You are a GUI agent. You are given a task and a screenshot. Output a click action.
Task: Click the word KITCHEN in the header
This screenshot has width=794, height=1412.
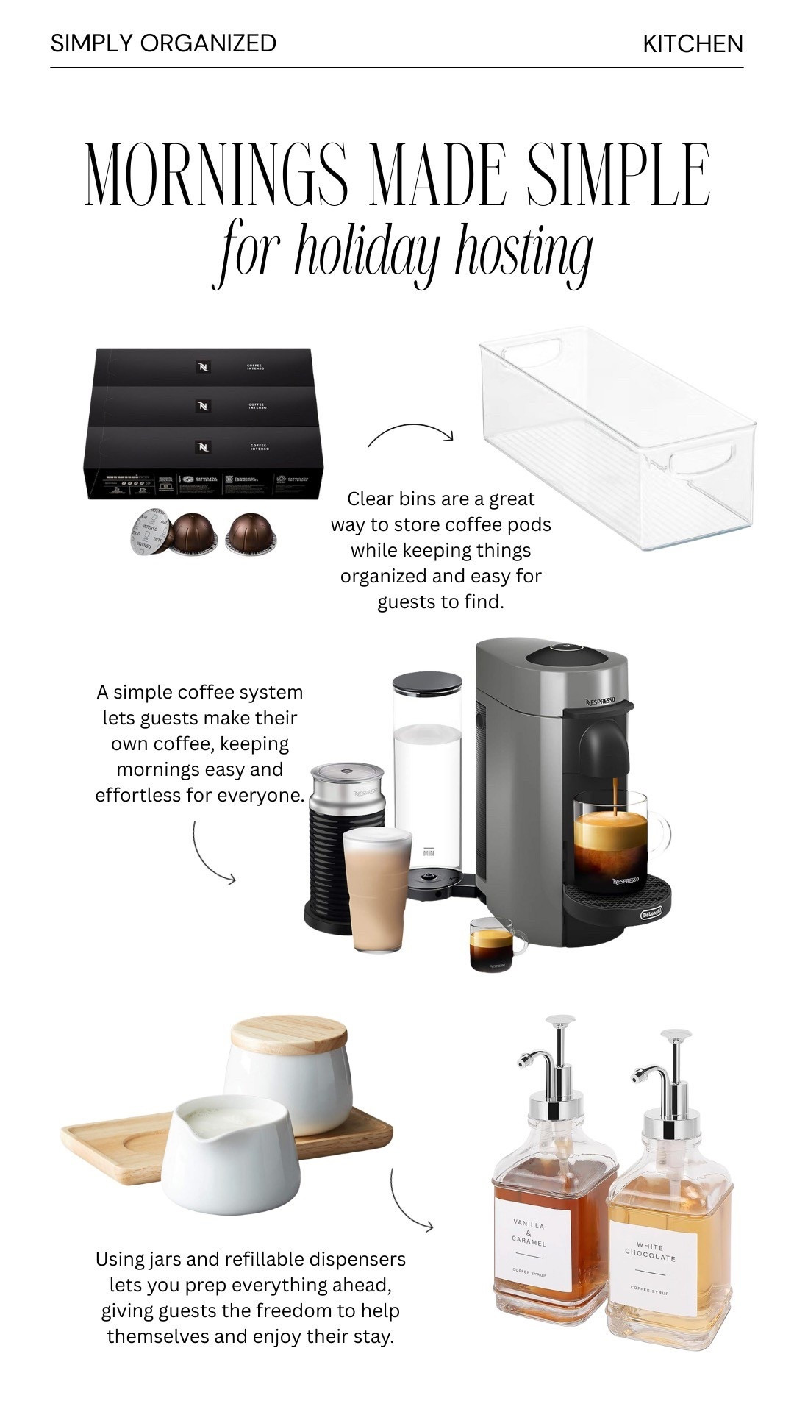click(x=693, y=44)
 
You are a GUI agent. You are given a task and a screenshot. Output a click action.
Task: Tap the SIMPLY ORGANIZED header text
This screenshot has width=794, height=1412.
click(x=163, y=43)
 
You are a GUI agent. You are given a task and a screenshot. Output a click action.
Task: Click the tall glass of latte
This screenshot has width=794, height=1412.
click(x=378, y=890)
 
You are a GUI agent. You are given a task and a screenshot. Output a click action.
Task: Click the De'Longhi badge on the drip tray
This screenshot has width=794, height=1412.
click(x=651, y=913)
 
